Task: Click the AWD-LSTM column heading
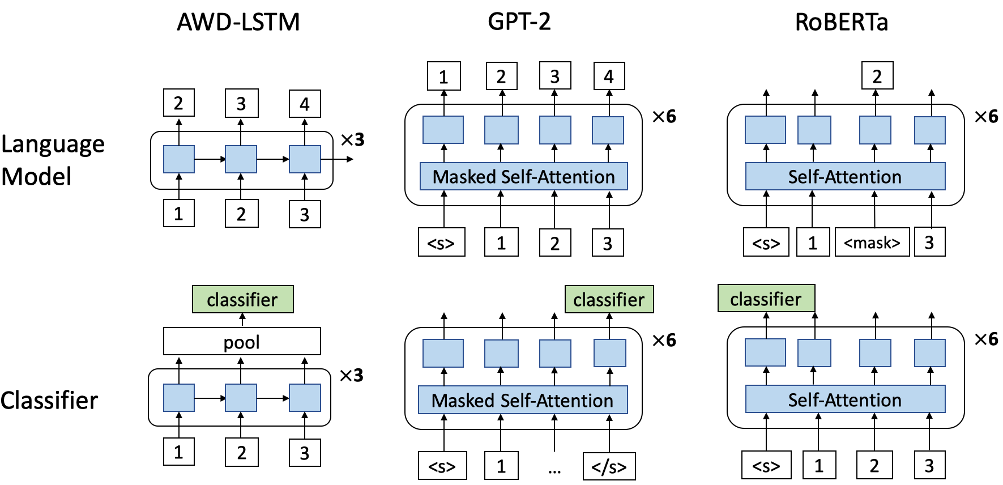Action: click(238, 23)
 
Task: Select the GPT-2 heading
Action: click(519, 22)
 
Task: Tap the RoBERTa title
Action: click(841, 23)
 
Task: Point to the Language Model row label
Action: click(53, 160)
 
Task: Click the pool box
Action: click(242, 342)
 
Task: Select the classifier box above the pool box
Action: click(242, 299)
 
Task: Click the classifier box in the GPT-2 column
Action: click(609, 299)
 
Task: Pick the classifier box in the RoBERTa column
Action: click(766, 299)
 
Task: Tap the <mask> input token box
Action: click(872, 242)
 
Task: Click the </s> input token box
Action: click(609, 466)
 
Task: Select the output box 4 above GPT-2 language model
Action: click(609, 76)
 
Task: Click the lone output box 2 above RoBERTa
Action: click(877, 76)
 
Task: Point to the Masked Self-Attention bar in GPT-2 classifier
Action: click(522, 400)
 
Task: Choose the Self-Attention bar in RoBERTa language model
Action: click(844, 176)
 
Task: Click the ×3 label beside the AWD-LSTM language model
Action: click(352, 139)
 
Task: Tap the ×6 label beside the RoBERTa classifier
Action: click(986, 339)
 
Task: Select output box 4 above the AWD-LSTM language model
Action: click(305, 104)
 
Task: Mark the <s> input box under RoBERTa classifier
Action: click(766, 466)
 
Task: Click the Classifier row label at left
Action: click(49, 401)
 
